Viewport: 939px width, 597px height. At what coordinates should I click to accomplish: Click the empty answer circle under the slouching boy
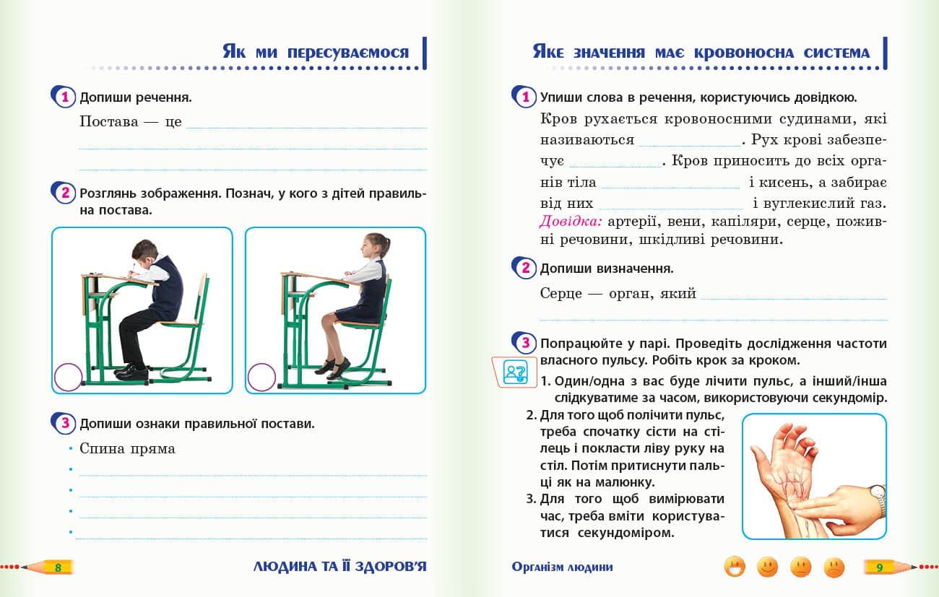click(x=69, y=377)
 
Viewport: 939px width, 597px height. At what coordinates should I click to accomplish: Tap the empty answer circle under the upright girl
click(x=261, y=377)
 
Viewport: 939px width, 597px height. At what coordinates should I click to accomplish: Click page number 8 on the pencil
click(x=59, y=567)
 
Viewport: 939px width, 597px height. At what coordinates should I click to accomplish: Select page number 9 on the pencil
click(x=879, y=567)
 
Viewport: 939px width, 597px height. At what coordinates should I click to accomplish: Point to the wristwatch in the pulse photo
click(x=878, y=499)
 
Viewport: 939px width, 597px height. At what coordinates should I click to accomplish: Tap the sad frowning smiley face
click(x=834, y=567)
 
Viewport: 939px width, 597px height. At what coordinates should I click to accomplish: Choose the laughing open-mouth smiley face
click(x=734, y=567)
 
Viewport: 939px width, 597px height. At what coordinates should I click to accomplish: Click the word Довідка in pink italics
click(x=571, y=221)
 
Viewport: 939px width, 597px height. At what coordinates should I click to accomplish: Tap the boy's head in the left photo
click(x=145, y=253)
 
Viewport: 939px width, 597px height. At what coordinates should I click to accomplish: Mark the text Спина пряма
click(x=127, y=448)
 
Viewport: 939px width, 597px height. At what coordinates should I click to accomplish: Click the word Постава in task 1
click(x=108, y=121)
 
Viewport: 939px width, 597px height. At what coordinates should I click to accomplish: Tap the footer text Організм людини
click(x=562, y=567)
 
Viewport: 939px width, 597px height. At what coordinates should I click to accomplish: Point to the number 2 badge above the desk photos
click(x=65, y=193)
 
